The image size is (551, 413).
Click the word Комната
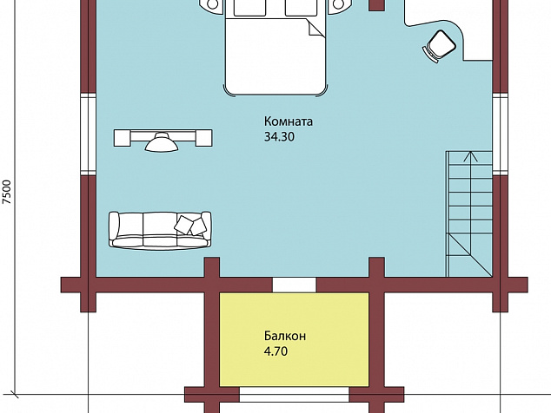coord(289,121)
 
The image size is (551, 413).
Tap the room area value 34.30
coord(279,137)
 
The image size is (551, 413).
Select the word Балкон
coord(285,336)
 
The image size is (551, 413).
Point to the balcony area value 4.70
coord(275,351)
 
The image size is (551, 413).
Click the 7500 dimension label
coord(7,192)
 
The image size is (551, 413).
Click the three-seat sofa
coord(160,231)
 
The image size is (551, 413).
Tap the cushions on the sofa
coord(190,226)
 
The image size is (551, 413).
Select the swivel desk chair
coord(439,47)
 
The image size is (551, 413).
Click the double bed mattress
coord(275,56)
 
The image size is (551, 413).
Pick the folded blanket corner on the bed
coord(315,28)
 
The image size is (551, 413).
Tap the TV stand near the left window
coord(163,138)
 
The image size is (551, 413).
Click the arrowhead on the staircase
coord(470,156)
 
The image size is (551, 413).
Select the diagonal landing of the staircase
coord(471,256)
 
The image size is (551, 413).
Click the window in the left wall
coord(88,134)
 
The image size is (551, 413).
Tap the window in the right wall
coord(499,134)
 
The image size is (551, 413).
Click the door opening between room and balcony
coord(294,285)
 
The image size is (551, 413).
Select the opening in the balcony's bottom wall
coord(294,395)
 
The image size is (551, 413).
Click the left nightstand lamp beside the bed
coord(212,3)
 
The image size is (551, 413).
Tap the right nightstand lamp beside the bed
coord(338,3)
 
